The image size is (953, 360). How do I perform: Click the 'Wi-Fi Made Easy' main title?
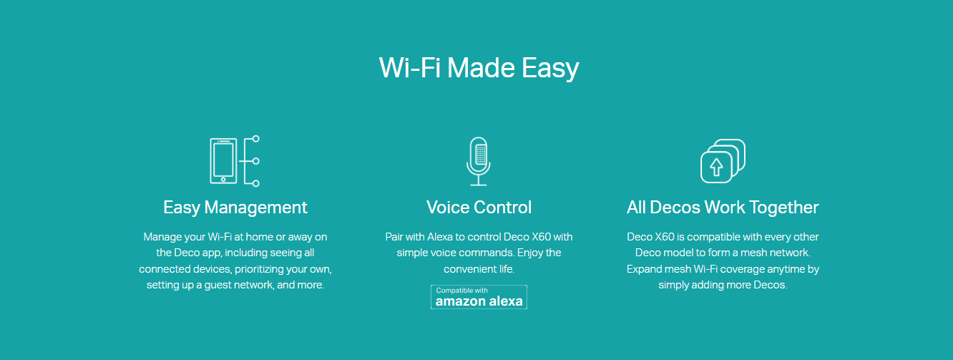point(479,68)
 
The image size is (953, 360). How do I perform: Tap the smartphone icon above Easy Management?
point(223,161)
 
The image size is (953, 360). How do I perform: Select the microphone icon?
point(479,161)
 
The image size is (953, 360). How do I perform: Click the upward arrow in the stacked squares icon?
point(716,167)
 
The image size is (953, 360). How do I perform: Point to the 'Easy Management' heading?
point(235,208)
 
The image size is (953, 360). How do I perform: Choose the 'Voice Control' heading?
point(479,208)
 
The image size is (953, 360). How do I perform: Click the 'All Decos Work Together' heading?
point(723,208)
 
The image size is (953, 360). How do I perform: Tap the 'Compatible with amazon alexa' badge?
point(479,297)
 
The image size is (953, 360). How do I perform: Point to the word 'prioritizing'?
point(259,269)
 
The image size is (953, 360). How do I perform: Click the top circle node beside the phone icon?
point(255,139)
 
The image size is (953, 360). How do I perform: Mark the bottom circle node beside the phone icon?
point(255,183)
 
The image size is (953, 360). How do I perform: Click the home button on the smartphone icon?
point(223,179)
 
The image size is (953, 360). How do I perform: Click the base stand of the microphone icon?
point(479,185)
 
